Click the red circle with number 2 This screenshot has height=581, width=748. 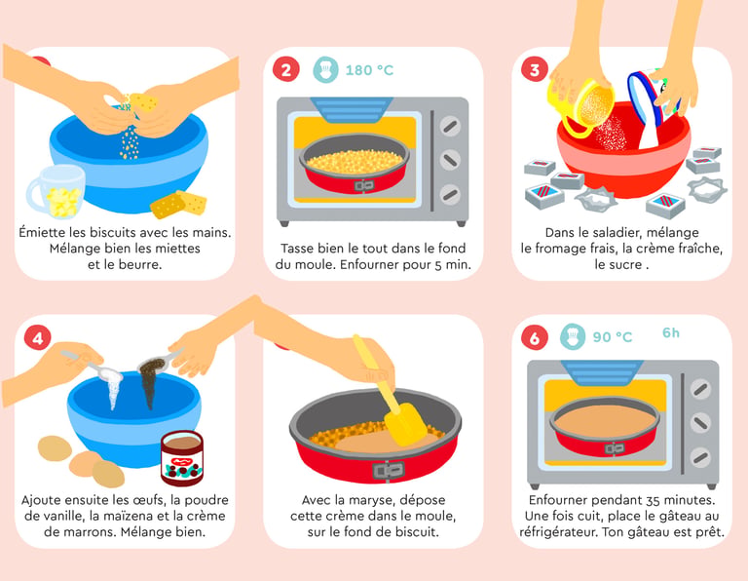(x=285, y=70)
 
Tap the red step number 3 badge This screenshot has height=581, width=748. (x=535, y=70)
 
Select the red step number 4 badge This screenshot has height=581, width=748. (x=38, y=337)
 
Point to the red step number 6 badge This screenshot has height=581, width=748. (x=535, y=337)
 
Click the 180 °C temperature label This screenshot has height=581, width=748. (x=369, y=70)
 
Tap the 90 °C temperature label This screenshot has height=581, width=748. (x=612, y=337)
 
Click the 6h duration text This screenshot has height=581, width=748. (x=671, y=332)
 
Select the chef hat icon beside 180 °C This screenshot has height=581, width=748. (x=325, y=70)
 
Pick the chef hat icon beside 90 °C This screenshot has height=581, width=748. (x=573, y=337)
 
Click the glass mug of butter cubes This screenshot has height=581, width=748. (x=57, y=192)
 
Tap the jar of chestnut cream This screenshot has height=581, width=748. (x=182, y=458)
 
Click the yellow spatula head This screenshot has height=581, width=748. (x=405, y=425)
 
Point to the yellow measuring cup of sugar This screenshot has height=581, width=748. (x=584, y=106)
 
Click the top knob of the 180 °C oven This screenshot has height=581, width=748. (x=450, y=126)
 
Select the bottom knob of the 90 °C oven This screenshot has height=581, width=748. (x=700, y=457)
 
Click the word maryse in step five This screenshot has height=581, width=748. (x=373, y=500)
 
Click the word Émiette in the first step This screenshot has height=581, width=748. (x=44, y=232)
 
